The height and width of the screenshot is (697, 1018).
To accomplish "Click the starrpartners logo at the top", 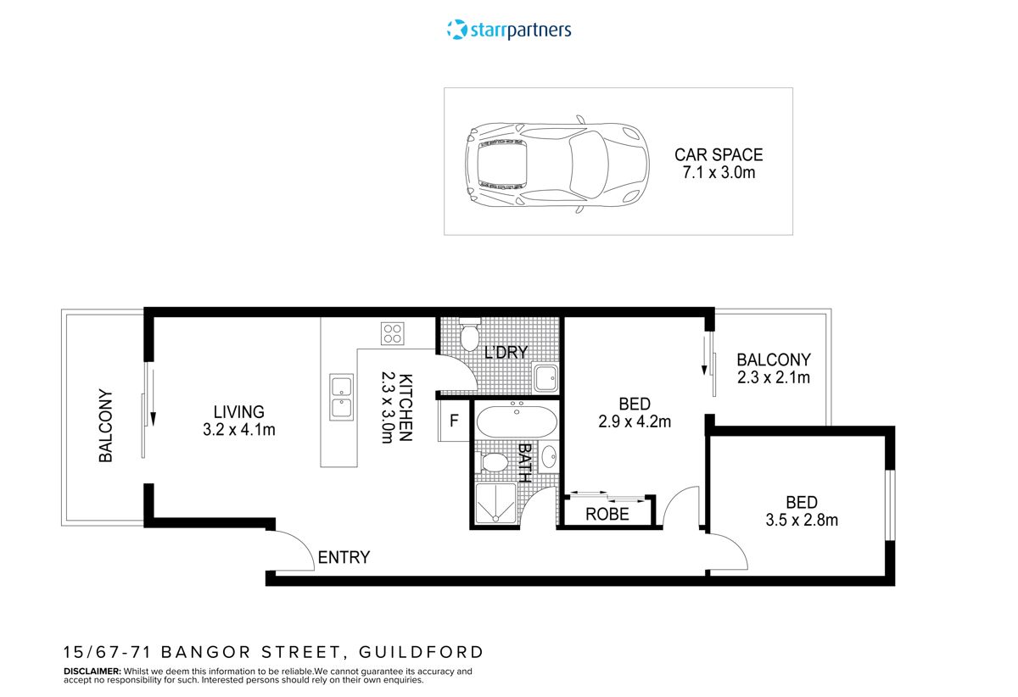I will tap(509, 30).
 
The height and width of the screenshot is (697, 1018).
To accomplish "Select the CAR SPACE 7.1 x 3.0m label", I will tap(719, 164).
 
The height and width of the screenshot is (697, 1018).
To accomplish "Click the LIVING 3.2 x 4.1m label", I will tap(238, 421).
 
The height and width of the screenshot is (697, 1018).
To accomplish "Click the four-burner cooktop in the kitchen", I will tap(392, 333).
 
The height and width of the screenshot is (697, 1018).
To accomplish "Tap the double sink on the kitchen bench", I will tap(341, 397).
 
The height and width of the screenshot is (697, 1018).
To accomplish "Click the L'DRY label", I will tap(506, 353).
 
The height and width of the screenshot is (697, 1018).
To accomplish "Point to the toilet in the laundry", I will tap(469, 335).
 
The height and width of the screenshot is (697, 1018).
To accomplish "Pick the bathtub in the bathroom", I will tap(516, 421).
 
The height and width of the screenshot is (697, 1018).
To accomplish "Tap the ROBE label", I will tap(607, 514).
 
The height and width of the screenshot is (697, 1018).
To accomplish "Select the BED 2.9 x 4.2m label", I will tap(635, 412).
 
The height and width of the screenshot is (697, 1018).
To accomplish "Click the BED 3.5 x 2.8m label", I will tap(800, 510).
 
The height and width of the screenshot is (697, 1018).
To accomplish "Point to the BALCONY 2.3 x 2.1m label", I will tap(773, 368).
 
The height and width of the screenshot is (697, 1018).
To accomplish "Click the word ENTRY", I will tap(344, 557).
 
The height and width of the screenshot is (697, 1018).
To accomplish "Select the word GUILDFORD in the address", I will tap(422, 652).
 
